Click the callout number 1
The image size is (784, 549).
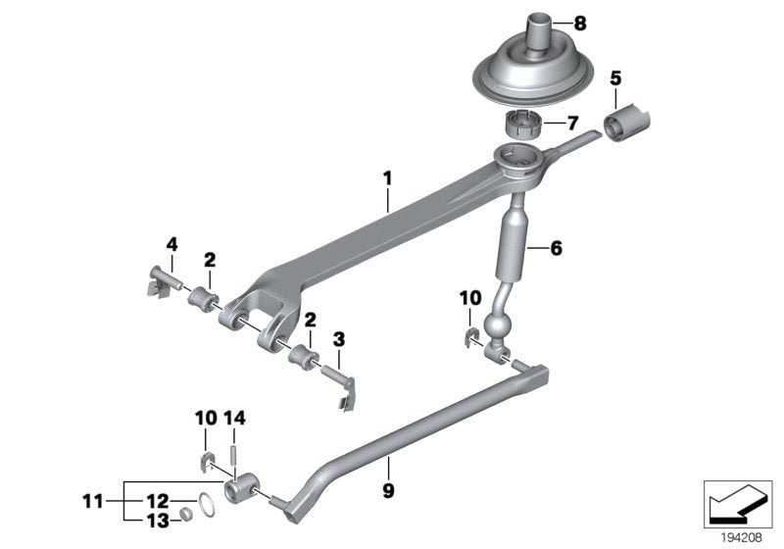pyautogui.click(x=387, y=178)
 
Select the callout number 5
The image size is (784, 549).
pyautogui.click(x=616, y=75)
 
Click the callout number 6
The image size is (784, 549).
pyautogui.click(x=556, y=249)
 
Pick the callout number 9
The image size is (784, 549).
pyautogui.click(x=387, y=488)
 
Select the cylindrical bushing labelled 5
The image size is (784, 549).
pyautogui.click(x=627, y=125)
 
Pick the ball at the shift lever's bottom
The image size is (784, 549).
pyautogui.click(x=495, y=325)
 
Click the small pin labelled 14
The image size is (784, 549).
pyautogui.click(x=234, y=454)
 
